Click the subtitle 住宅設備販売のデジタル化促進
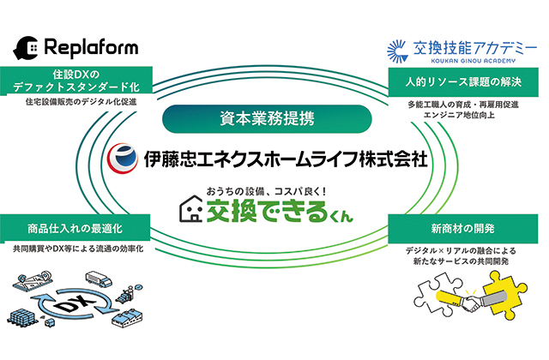tap(82, 102)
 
